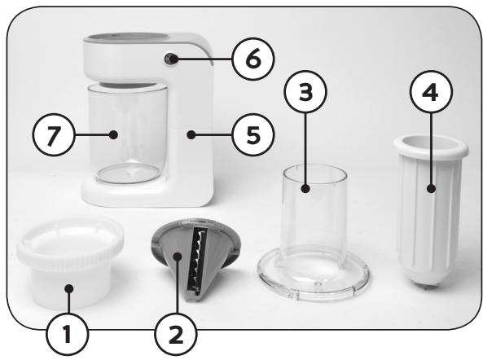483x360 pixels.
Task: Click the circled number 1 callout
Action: coord(68,335)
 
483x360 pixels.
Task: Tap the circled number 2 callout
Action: coord(176,335)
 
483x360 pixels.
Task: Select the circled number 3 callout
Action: coord(305,92)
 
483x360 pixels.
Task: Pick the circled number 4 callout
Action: coord(431,92)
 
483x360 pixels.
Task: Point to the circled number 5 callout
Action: coord(253,134)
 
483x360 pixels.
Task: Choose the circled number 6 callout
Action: coord(253,59)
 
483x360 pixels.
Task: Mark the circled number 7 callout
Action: coord(54,134)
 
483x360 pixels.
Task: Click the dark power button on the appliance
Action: coord(171,59)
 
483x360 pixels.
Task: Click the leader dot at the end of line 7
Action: coord(114,134)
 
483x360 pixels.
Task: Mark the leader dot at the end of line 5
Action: coord(191,134)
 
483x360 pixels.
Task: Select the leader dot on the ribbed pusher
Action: coord(431,188)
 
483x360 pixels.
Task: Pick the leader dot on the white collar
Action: coord(69,289)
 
